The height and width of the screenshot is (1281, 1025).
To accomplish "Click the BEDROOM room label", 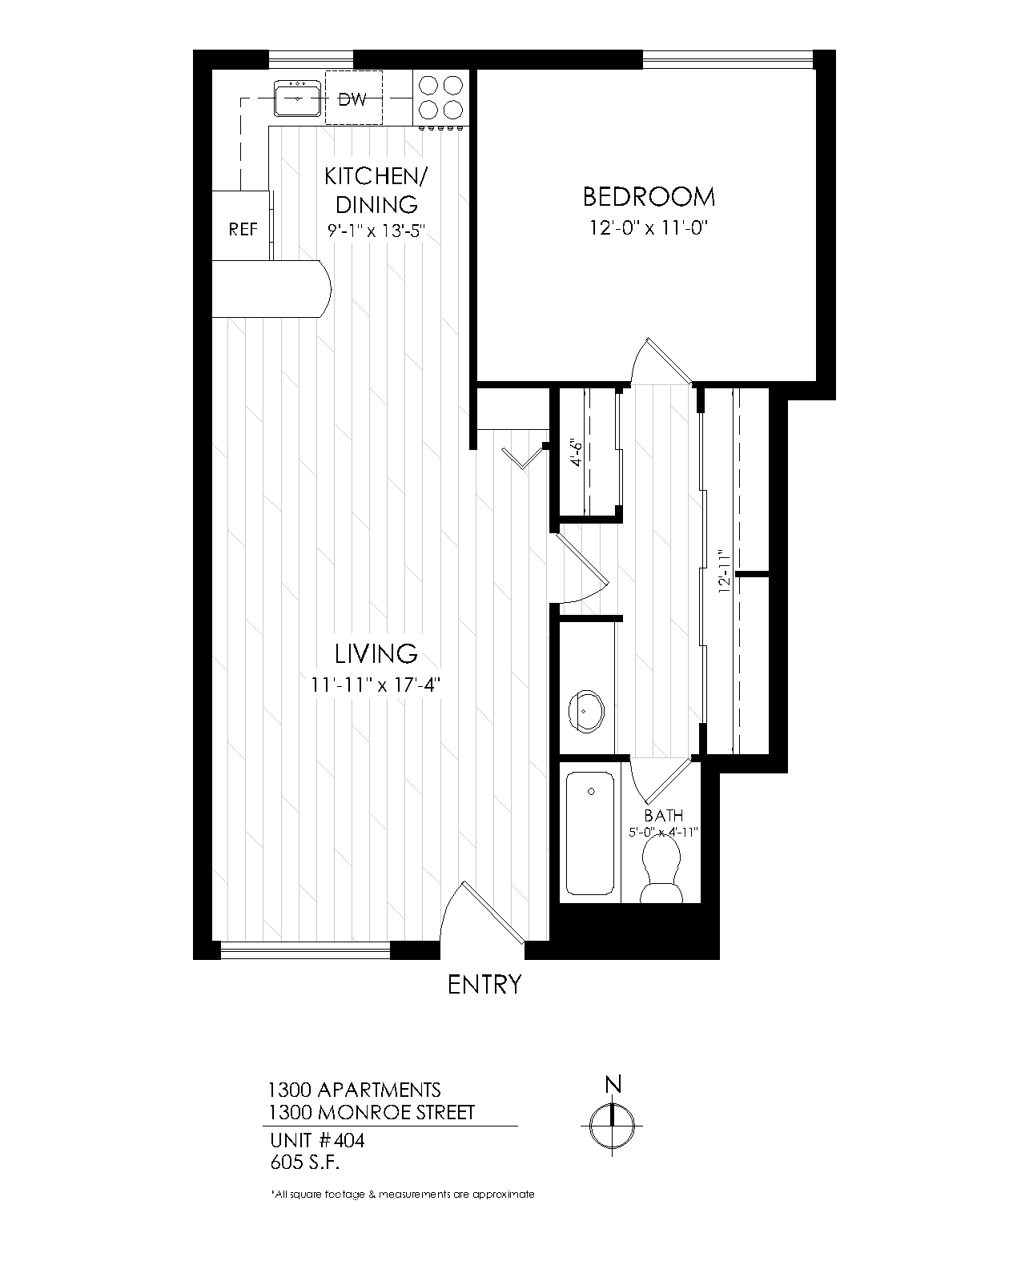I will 649,196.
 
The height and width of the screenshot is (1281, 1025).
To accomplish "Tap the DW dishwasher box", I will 353,99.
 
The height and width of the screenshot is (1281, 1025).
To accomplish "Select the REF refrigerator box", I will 243,229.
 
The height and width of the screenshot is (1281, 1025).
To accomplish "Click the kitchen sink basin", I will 297,98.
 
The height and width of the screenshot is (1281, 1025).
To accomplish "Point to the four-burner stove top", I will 440,97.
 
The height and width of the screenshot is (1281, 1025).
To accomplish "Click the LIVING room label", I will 376,654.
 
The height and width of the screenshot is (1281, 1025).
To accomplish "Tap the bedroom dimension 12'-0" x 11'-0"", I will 649,228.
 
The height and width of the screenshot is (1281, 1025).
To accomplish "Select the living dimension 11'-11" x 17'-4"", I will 376,685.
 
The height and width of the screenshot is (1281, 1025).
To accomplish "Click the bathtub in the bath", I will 591,833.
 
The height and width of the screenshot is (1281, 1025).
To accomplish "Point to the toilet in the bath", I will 662,877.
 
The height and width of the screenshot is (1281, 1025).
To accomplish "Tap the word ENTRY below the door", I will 484,984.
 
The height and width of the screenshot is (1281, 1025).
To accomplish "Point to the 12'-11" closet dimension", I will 725,570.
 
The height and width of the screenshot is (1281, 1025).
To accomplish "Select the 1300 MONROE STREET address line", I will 371,1112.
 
